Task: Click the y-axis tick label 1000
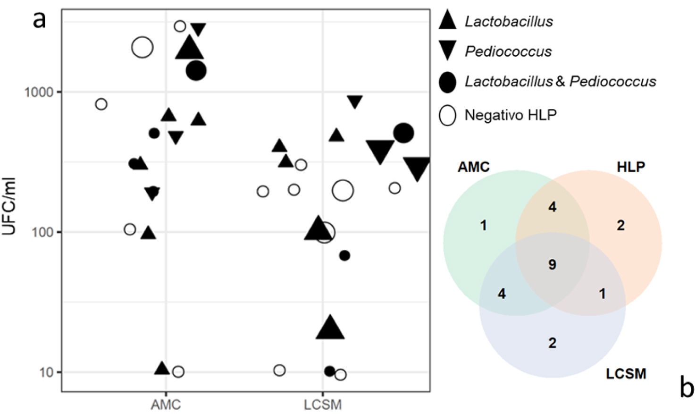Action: coord(39,92)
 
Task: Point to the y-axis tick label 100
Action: coord(42,232)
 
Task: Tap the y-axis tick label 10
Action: coord(46,372)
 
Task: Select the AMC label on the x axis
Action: coord(166,405)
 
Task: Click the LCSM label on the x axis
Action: coord(323,405)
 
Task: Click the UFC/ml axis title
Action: coord(9,206)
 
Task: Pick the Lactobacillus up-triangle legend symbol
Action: coord(447,20)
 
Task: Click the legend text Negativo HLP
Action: coord(511,115)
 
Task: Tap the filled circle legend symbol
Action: coord(447,82)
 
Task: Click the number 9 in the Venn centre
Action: coord(552,265)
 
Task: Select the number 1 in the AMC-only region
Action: coord(483,226)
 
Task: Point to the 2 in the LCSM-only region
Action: coord(552,343)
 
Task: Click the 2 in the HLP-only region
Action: coord(621,226)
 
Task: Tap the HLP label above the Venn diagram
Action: coord(630,167)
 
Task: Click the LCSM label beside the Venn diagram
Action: coord(626,374)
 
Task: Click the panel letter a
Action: coord(40,20)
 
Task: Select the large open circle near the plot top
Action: coord(143,47)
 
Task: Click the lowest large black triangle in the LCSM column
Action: coord(330,328)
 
